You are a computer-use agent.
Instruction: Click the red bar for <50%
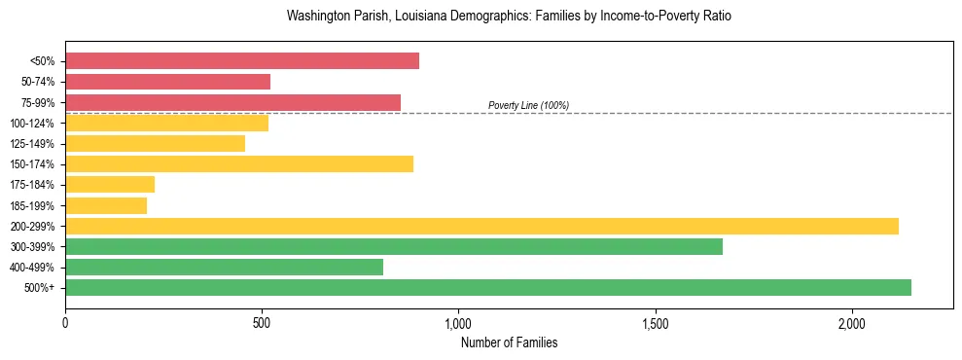point(242,61)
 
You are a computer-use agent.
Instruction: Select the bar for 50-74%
point(167,82)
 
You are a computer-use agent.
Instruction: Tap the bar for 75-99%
point(232,102)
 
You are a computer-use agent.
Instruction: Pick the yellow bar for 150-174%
point(239,163)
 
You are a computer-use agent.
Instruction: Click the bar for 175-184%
point(110,184)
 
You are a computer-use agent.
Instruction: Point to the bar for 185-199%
point(106,205)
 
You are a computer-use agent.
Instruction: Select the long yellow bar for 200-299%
point(481,226)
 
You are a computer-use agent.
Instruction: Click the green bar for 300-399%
point(394,246)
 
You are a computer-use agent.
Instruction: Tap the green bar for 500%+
point(488,287)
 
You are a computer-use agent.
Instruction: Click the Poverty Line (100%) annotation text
point(528,105)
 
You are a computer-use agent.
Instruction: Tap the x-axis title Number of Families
point(509,342)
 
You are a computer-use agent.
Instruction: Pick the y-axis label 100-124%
point(32,123)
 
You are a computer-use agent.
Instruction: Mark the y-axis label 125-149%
point(32,144)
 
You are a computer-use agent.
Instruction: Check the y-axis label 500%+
point(39,288)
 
